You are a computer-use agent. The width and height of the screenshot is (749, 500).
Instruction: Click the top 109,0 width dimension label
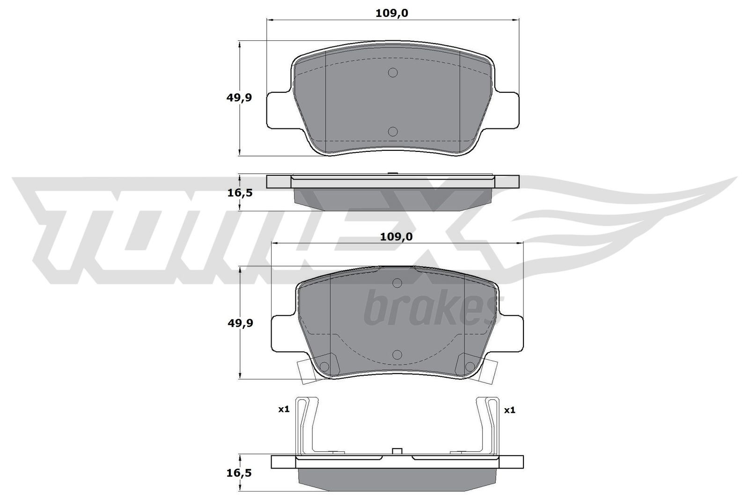pyautogui.click(x=392, y=13)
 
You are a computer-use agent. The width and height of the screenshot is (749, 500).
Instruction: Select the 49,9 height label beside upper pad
pyautogui.click(x=239, y=97)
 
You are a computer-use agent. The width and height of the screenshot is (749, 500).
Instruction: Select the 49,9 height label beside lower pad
pyautogui.click(x=240, y=323)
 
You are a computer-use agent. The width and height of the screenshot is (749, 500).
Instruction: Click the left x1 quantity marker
pyautogui.click(x=284, y=409)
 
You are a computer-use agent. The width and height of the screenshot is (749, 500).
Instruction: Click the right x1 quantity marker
pyautogui.click(x=509, y=410)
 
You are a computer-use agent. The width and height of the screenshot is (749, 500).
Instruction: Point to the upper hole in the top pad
pyautogui.click(x=393, y=72)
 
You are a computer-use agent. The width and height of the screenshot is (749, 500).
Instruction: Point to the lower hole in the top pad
pyautogui.click(x=393, y=132)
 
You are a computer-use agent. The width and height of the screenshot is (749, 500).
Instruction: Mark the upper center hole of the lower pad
pyautogui.click(x=397, y=283)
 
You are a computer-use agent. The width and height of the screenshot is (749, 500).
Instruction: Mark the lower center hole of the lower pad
pyautogui.click(x=397, y=354)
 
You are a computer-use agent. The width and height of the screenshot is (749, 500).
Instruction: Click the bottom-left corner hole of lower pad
pyautogui.click(x=326, y=366)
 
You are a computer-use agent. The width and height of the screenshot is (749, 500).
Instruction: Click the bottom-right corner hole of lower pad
pyautogui.click(x=469, y=366)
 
